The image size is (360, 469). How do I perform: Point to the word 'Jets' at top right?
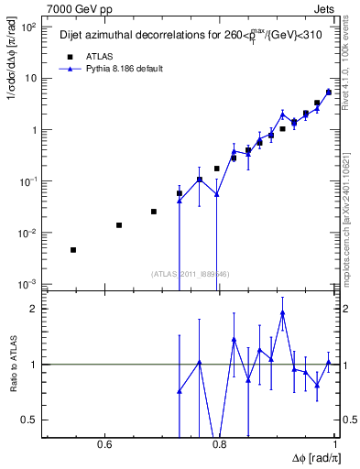tap(322, 10)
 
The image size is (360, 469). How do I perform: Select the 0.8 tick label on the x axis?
tap(219, 445)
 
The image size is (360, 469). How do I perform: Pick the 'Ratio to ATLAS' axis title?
tap(12, 364)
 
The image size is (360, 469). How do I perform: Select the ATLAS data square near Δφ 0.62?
tap(119, 225)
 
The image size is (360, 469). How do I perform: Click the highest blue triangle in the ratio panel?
tap(283, 312)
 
